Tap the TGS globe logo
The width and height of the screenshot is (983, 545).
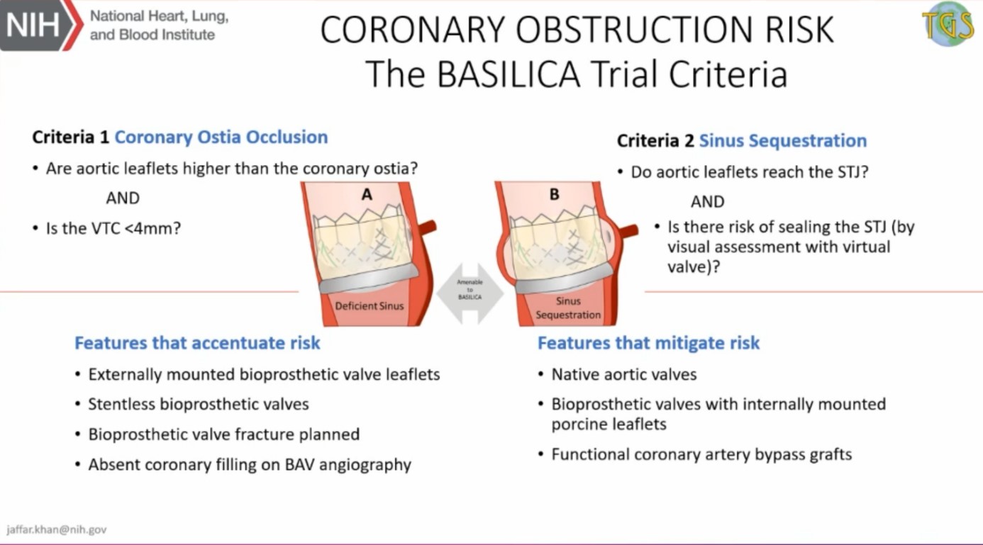[x=948, y=24]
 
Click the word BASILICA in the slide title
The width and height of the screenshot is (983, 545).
[x=509, y=74]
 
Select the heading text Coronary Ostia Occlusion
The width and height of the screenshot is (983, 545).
[x=221, y=137]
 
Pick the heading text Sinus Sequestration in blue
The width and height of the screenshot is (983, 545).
[x=783, y=141]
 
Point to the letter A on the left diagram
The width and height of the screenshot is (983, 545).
[x=367, y=194]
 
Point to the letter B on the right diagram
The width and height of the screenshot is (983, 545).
[x=554, y=194]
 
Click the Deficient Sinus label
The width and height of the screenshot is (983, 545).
[x=369, y=306]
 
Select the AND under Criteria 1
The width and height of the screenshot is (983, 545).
[x=123, y=198]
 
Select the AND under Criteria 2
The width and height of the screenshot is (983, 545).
[x=707, y=202]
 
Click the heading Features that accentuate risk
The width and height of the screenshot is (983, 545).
[x=197, y=343]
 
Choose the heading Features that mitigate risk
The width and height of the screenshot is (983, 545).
[x=649, y=343]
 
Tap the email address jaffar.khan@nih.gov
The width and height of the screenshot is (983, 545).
[x=57, y=529]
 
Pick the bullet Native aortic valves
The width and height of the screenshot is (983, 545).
[x=623, y=374]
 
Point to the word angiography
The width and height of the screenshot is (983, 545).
[x=365, y=465]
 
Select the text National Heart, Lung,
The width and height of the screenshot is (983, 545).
[x=159, y=16]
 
